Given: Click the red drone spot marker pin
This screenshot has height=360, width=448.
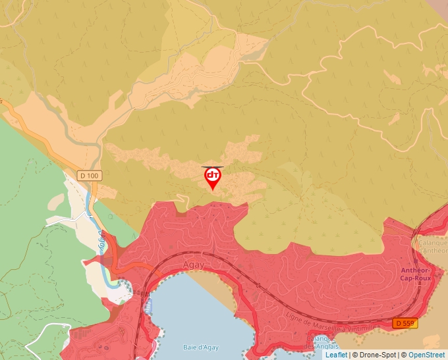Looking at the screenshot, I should [x=212, y=178].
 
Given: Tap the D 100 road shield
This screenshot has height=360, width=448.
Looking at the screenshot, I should [x=90, y=176].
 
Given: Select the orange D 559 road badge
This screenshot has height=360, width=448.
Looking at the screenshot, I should [x=405, y=323].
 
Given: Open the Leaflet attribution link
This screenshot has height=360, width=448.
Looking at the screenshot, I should [x=336, y=355].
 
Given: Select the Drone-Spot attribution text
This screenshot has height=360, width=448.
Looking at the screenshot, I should [x=375, y=355].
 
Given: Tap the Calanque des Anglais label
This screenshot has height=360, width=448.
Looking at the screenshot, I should [x=322, y=343].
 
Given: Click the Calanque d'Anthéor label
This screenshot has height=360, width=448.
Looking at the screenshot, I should [x=432, y=246].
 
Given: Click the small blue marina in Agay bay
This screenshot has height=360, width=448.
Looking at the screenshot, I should [x=147, y=305].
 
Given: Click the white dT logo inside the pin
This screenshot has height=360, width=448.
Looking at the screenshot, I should [x=212, y=175].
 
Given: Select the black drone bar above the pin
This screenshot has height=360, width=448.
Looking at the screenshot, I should [x=212, y=167].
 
